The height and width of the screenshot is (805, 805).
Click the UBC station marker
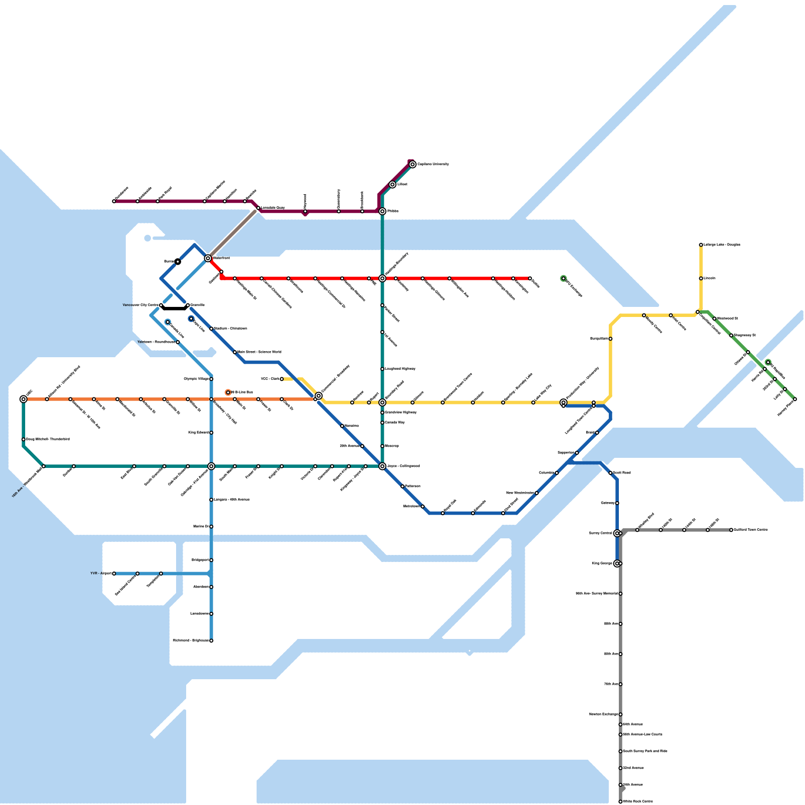24,399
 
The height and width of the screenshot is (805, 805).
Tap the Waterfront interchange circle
208,258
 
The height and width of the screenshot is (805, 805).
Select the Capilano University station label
433,164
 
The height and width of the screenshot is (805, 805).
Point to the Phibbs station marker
382,211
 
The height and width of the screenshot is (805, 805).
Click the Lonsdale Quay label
273,207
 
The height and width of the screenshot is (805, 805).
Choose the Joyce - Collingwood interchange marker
382,466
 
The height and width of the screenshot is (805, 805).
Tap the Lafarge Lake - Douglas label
721,245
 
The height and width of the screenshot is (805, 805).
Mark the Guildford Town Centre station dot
731,530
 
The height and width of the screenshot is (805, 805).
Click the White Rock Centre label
638,801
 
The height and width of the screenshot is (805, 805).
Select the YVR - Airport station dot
114,574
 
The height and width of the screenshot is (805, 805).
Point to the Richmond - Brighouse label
191,640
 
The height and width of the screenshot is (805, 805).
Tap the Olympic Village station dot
211,379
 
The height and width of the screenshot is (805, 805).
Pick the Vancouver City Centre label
140,305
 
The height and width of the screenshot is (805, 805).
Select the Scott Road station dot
610,473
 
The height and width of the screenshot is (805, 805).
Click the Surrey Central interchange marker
617,533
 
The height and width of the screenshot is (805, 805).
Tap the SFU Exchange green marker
563,279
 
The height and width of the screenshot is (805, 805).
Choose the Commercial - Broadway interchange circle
318,396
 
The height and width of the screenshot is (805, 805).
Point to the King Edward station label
198,432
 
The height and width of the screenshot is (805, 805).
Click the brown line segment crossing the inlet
232,234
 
